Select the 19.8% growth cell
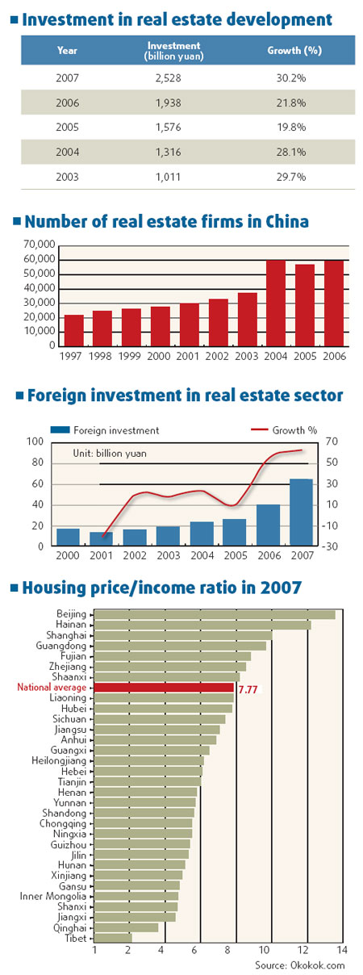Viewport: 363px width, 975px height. pos(285,127)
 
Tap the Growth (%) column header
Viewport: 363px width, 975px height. pos(285,50)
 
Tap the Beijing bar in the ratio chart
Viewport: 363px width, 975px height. pos(215,614)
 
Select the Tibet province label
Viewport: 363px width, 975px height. pos(80,939)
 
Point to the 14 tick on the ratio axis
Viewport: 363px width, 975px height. pos(341,950)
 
